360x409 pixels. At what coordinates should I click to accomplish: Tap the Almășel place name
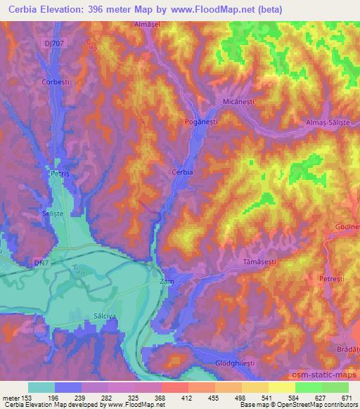point(149,24)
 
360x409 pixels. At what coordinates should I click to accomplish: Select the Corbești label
point(56,102)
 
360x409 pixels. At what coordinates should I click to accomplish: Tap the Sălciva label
point(104,317)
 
